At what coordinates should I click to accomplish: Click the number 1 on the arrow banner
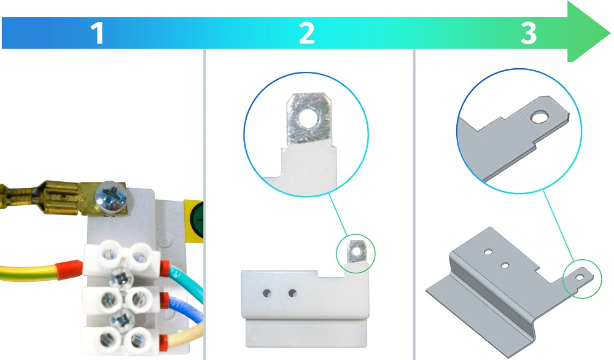click(x=97, y=33)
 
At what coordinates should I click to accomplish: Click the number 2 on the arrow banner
click(x=306, y=33)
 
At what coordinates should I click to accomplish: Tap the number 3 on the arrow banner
click(x=529, y=33)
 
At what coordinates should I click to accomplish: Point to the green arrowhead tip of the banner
click(x=610, y=32)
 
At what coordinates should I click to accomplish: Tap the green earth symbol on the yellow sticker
click(x=198, y=221)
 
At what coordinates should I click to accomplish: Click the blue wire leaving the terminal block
click(x=187, y=308)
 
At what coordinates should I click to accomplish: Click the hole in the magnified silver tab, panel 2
click(x=306, y=116)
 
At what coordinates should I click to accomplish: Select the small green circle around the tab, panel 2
click(x=356, y=254)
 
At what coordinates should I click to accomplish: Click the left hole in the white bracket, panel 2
click(x=267, y=294)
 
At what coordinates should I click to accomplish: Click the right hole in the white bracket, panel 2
click(x=292, y=293)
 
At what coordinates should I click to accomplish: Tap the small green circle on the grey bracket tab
click(x=582, y=279)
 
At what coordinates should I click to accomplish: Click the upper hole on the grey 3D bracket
click(x=488, y=252)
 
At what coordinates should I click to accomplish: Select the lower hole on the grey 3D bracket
click(x=505, y=266)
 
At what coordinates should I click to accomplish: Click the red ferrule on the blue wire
click(x=165, y=301)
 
